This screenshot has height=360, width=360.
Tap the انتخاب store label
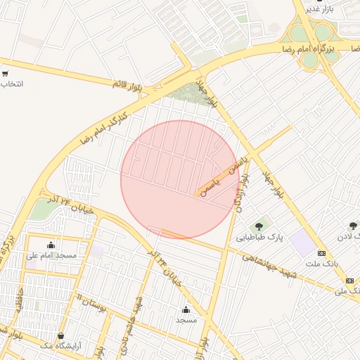12,84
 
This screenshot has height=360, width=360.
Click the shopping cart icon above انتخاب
5,74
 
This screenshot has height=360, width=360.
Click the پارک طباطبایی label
259,238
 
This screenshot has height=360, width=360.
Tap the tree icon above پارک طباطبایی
259,226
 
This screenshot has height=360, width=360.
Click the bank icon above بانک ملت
322,253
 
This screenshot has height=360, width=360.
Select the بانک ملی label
347,290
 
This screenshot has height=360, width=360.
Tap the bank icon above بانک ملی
349,281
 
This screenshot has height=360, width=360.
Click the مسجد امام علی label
51,256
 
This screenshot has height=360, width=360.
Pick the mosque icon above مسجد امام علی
51,245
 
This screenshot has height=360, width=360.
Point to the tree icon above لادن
353,226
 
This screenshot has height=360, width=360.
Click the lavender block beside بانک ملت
304,243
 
